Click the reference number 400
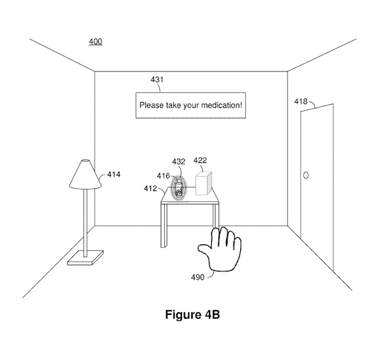(95, 42)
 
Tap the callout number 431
(157, 80)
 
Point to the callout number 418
(301, 102)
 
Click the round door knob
(306, 175)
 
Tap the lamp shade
(85, 174)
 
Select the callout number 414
(114, 175)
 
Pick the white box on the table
(204, 184)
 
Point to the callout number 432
(178, 162)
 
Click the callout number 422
(200, 160)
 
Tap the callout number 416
(163, 176)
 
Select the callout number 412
(150, 188)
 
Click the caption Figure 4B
(192, 315)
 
